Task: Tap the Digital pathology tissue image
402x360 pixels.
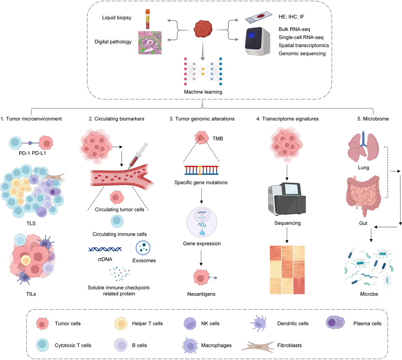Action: point(150,43)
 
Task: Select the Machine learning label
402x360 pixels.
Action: point(203,92)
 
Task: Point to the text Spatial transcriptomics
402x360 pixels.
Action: point(304,46)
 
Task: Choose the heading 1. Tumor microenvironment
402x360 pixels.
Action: point(31,119)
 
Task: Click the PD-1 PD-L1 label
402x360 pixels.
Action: point(32,153)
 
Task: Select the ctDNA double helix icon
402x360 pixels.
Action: point(105,249)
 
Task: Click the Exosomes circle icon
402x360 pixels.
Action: point(143,248)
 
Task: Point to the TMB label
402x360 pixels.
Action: point(218,139)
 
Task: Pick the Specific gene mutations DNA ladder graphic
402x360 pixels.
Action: point(201,170)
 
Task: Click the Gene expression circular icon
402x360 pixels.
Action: point(202,223)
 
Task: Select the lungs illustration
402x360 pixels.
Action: point(363,148)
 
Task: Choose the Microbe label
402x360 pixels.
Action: point(369,294)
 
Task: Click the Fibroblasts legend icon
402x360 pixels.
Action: point(256,346)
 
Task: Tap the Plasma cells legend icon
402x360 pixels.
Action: point(335,323)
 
